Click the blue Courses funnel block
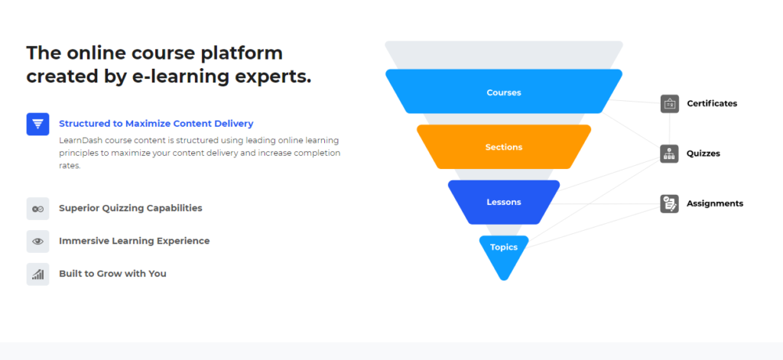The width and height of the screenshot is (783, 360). point(503,92)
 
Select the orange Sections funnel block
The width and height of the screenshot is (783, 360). point(503,147)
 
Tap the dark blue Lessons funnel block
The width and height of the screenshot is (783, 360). point(503,202)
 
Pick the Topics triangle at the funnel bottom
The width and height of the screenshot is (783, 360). point(504,249)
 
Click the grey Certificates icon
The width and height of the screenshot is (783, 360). point(669,104)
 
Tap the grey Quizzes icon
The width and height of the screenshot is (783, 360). point(669,154)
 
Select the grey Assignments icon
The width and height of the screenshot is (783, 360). point(669,203)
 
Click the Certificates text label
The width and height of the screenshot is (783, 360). point(712,104)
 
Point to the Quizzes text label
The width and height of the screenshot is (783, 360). point(703,154)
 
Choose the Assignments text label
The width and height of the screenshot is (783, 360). point(714,203)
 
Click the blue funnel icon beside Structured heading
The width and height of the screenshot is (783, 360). point(37,124)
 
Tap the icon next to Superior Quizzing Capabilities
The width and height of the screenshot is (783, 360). point(37,208)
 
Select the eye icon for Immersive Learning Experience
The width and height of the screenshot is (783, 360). point(37,241)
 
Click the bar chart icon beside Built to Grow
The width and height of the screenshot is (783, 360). point(37,274)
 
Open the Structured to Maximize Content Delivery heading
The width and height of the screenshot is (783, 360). point(156,123)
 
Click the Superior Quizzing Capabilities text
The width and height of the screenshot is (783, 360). point(130,208)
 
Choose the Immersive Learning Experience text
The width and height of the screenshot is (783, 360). point(134,241)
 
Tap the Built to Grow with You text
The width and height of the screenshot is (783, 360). point(112,274)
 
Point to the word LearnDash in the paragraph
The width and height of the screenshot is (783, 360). point(81,141)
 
